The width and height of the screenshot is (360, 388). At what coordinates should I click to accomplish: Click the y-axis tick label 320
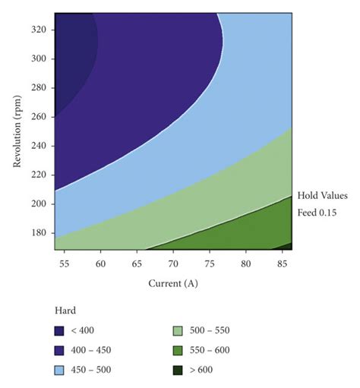(x=41, y=29)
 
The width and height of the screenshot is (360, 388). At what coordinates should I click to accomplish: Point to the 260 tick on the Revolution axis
(x=41, y=116)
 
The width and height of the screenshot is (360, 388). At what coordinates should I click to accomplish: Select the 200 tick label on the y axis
(x=41, y=204)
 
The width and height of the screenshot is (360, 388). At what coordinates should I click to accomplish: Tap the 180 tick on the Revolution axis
(x=41, y=233)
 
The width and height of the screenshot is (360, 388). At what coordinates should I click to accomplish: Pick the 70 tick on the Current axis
(x=172, y=263)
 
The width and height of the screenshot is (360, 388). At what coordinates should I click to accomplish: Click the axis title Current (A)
(x=174, y=283)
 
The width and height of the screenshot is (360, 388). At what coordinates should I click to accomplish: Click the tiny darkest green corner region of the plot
(x=289, y=247)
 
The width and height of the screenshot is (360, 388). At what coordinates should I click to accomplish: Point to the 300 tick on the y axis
(x=41, y=58)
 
